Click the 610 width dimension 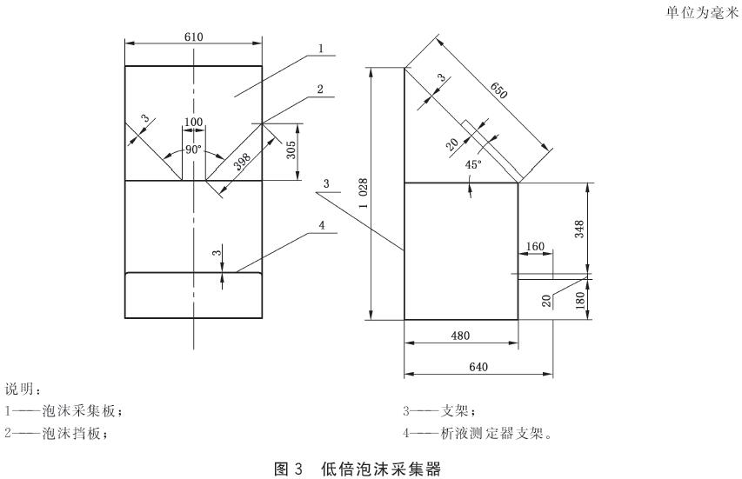pyautogui.click(x=193, y=37)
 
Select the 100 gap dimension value pyautogui.click(x=193, y=122)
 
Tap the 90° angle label pyautogui.click(x=193, y=150)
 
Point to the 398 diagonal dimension pyautogui.click(x=243, y=161)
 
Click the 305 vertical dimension pyautogui.click(x=291, y=150)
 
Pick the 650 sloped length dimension pyautogui.click(x=498, y=90)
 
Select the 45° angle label pyautogui.click(x=473, y=164)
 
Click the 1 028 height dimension pyautogui.click(x=364, y=193)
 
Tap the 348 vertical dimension pyautogui.click(x=579, y=229)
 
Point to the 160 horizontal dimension pyautogui.click(x=535, y=246)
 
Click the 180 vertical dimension pyautogui.click(x=580, y=301)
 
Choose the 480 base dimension pyautogui.click(x=460, y=336)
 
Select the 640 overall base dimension pyautogui.click(x=478, y=367)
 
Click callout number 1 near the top pyautogui.click(x=321, y=48)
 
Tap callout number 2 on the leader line pyautogui.click(x=320, y=89)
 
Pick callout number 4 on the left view pyautogui.click(x=322, y=225)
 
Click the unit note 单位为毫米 pyautogui.click(x=702, y=13)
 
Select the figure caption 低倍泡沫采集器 pyautogui.click(x=381, y=469)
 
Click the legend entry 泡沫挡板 pyautogui.click(x=71, y=433)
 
